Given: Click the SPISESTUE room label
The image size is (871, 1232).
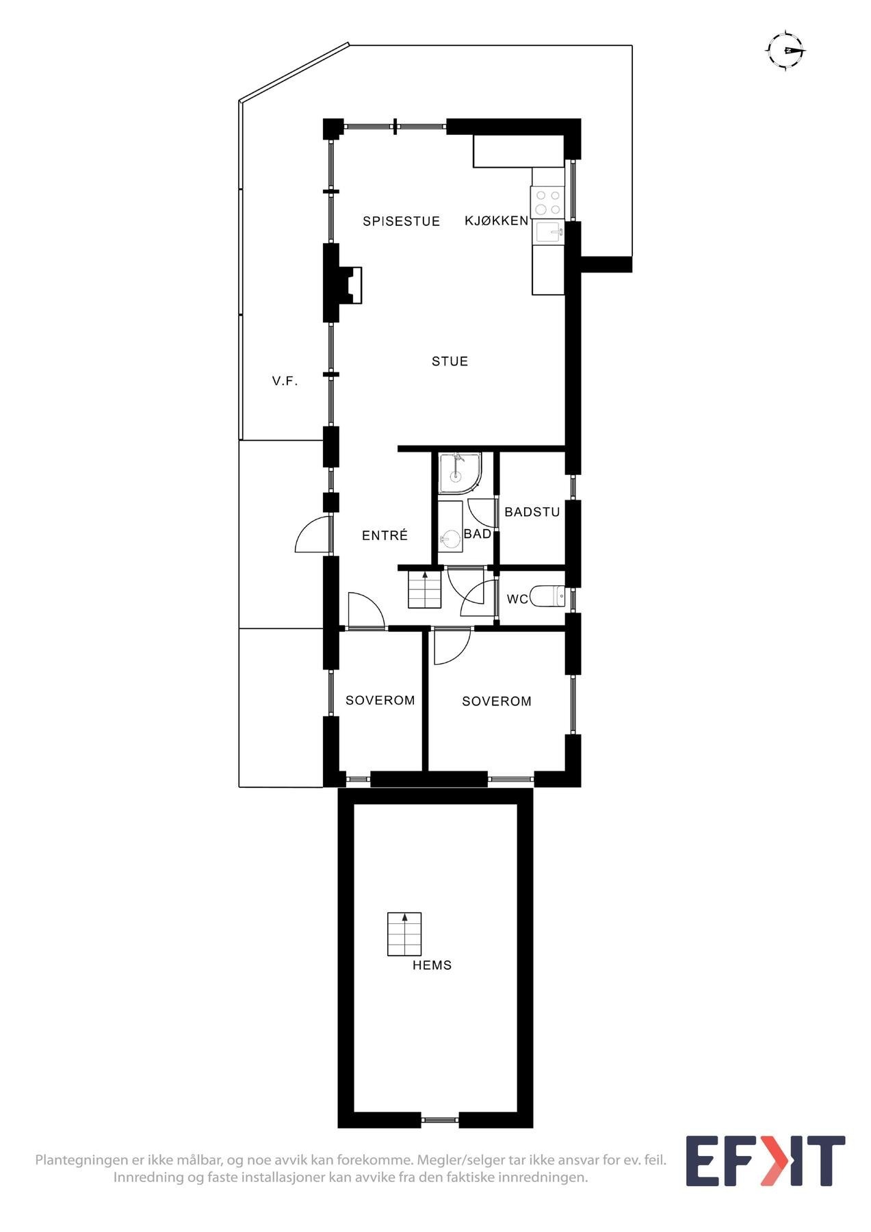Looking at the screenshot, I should [x=401, y=221].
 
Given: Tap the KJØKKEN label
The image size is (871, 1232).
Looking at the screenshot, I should [x=496, y=220].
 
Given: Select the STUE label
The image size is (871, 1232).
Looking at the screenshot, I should [x=450, y=361].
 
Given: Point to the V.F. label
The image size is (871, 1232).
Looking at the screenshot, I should [x=285, y=381].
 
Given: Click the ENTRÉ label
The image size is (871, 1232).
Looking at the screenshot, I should [x=385, y=536].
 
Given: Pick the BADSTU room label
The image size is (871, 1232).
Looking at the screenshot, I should [x=532, y=512].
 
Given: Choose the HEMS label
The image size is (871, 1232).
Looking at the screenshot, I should [x=432, y=966].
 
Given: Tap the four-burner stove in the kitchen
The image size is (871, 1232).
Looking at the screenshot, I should [x=547, y=202].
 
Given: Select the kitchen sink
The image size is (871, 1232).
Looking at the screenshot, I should [x=549, y=233].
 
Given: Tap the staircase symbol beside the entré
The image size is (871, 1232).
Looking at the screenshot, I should [x=425, y=589].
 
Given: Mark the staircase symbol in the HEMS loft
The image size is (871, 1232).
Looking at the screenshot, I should [x=404, y=934].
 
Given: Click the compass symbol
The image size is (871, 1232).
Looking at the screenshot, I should [x=786, y=51].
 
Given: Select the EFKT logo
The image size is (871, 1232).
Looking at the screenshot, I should [x=765, y=1161].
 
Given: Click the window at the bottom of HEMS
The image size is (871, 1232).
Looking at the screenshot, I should [x=439, y=1120].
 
